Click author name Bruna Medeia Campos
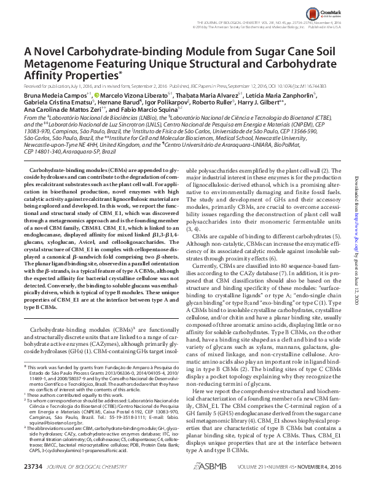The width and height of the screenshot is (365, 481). coord(50,96)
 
